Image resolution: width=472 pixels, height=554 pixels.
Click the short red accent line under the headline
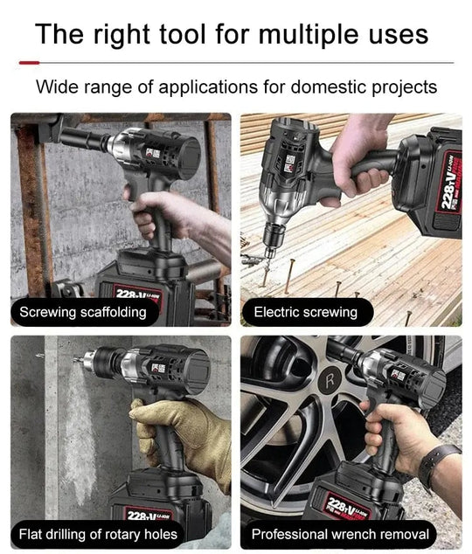(29, 63)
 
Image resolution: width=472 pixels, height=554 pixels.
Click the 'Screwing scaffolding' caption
(83, 312)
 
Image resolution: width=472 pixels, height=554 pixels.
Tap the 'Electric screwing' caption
(305, 312)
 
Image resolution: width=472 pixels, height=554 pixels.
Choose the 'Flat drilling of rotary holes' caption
(98, 534)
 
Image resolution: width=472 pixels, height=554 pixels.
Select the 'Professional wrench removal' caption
(340, 534)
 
